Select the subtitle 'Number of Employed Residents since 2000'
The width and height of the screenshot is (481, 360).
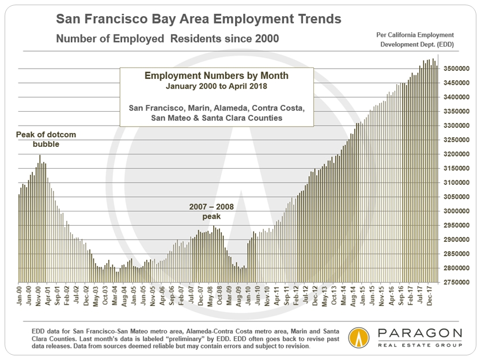point(168,39)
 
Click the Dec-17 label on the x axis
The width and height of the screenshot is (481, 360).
point(430,296)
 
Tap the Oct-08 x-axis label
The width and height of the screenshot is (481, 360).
point(219,296)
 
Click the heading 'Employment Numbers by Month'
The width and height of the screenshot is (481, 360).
point(209,76)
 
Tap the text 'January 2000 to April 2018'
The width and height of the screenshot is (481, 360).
point(209,86)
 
